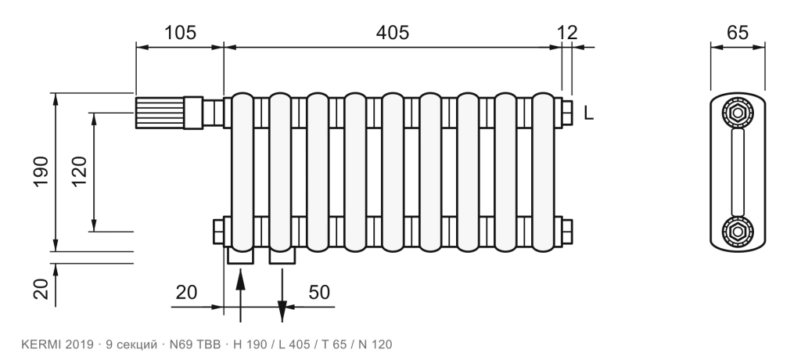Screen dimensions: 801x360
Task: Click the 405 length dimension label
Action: click(x=393, y=33)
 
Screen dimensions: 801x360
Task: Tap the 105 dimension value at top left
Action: click(x=180, y=33)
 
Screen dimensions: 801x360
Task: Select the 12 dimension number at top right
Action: click(x=567, y=33)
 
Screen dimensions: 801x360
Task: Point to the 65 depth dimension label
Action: click(x=737, y=33)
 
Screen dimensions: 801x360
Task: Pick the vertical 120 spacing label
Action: click(x=79, y=172)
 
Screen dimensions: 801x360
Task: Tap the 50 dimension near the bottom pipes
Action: click(x=319, y=293)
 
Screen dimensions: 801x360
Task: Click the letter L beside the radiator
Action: click(x=589, y=113)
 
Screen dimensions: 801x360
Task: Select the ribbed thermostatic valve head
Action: click(x=160, y=113)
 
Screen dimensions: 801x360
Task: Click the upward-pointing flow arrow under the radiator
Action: click(x=241, y=296)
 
